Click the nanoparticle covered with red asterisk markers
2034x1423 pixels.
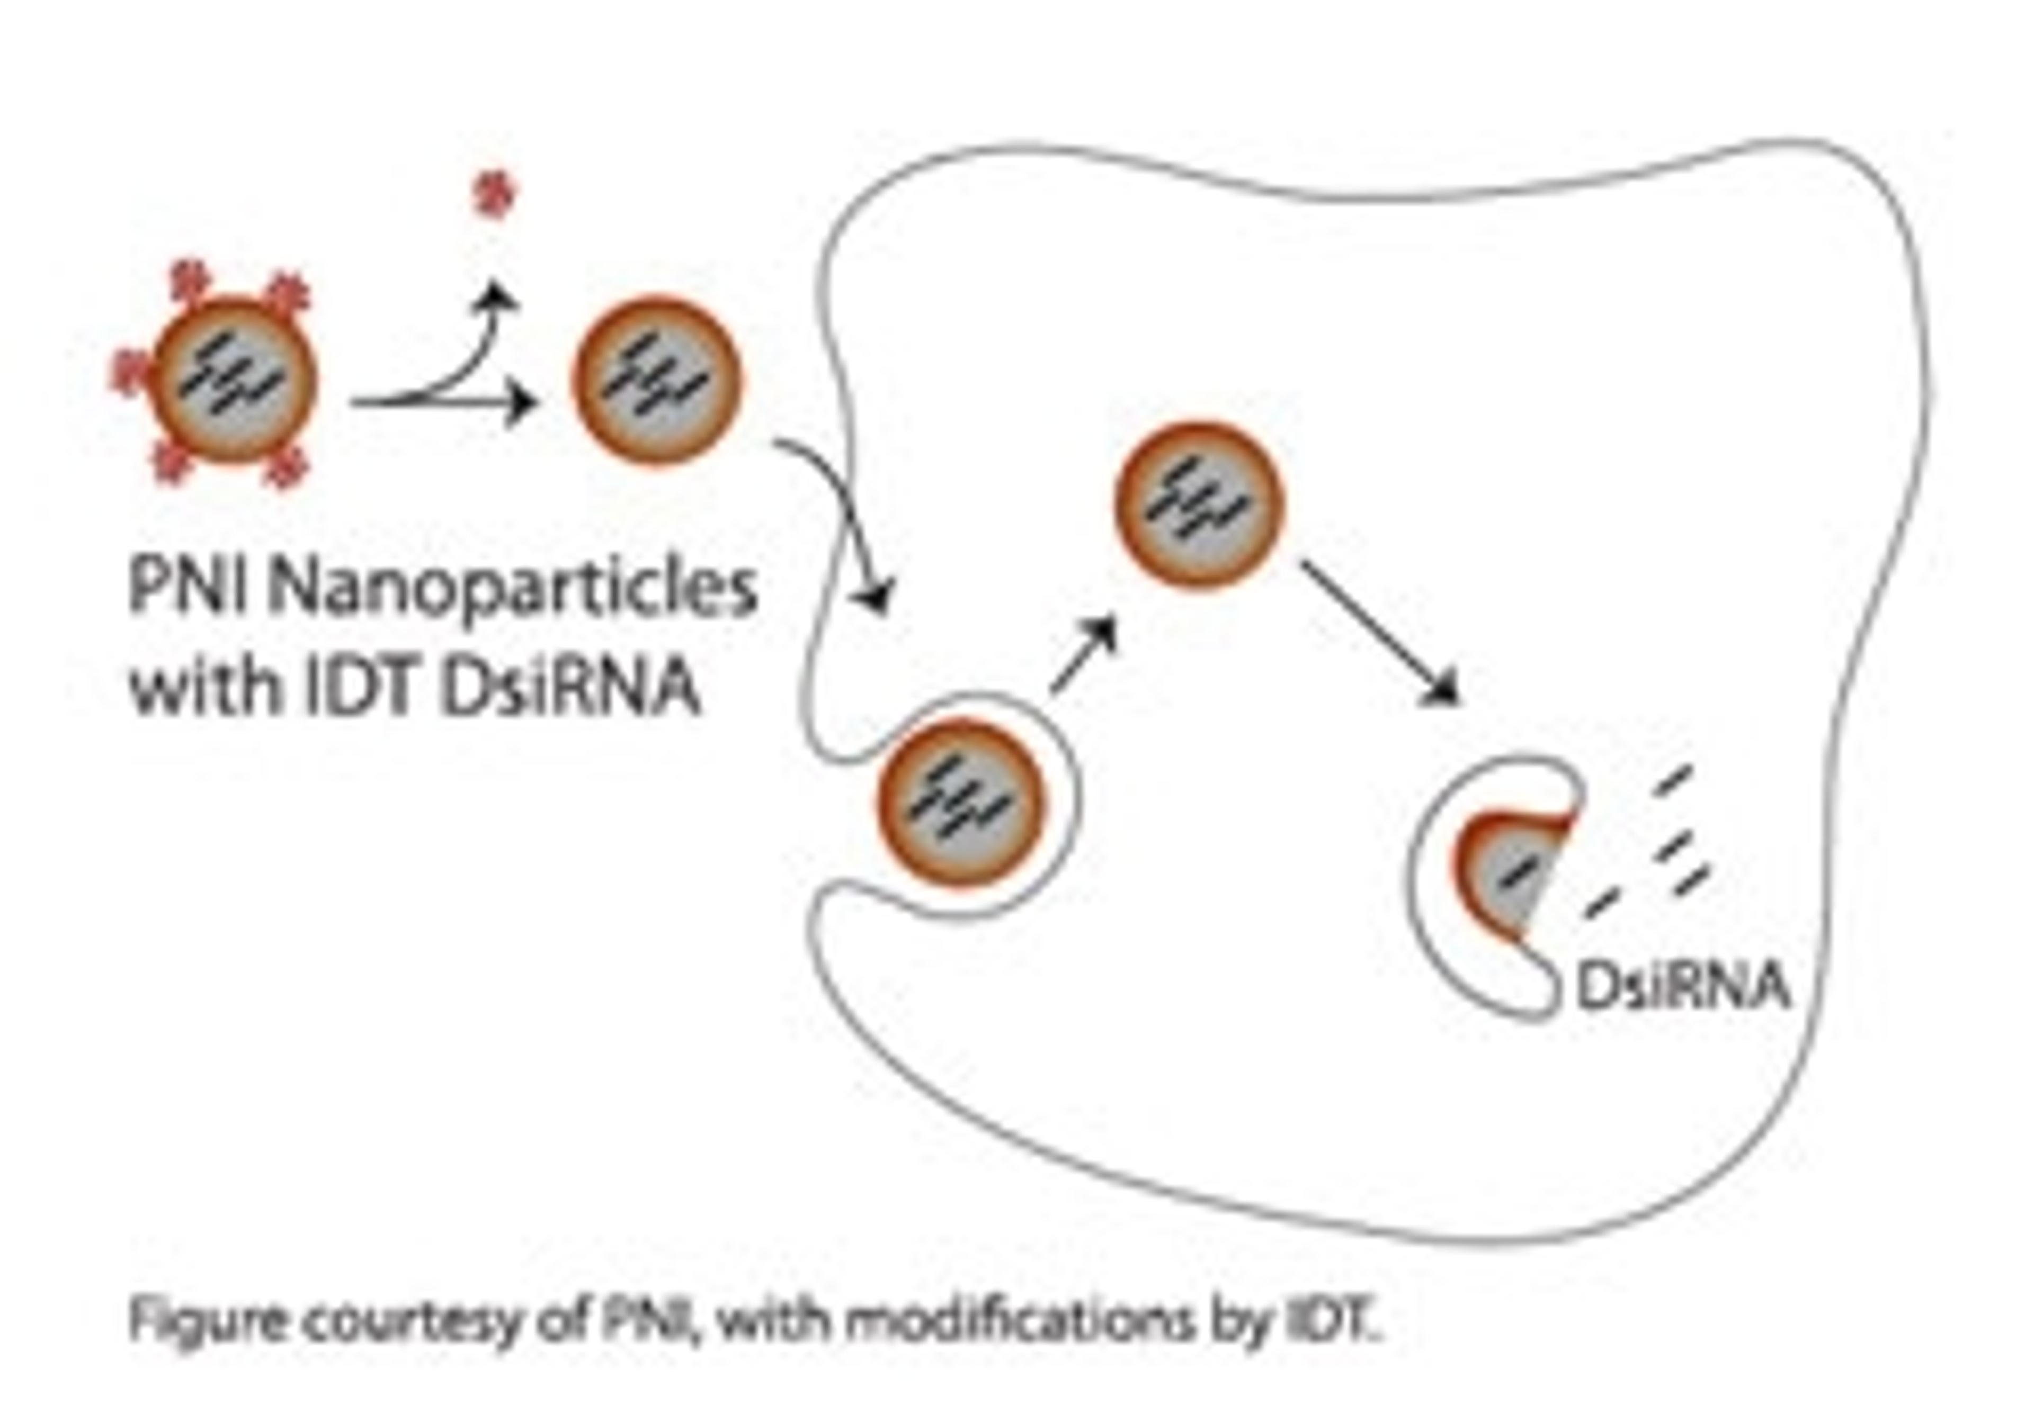[x=235, y=381]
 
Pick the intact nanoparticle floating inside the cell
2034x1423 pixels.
[x=1198, y=505]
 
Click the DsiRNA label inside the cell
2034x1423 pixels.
[x=1681, y=987]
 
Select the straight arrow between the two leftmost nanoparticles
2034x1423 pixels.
[x=443, y=404]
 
